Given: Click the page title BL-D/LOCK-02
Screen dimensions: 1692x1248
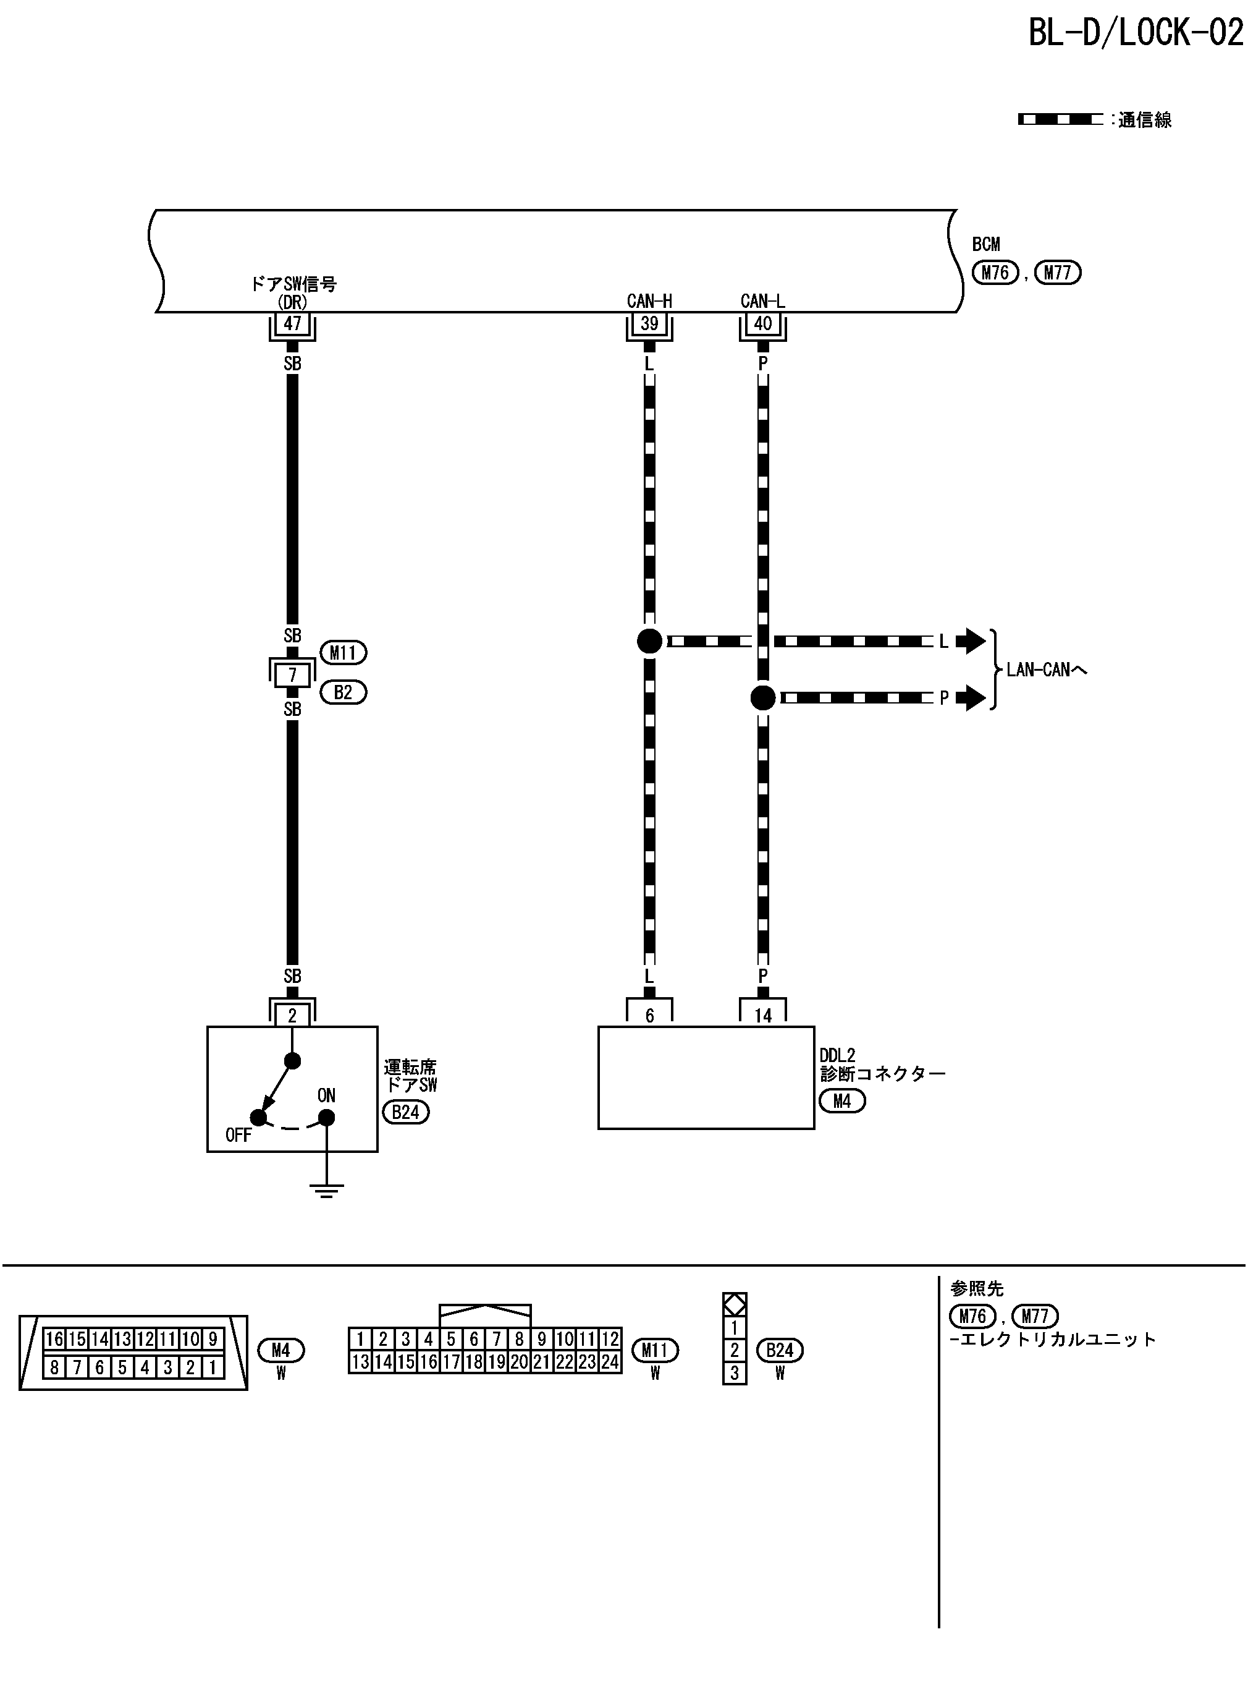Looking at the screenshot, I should (1135, 33).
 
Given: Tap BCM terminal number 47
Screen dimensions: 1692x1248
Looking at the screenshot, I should (292, 324).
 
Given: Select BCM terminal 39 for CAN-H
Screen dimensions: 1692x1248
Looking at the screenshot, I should (649, 324).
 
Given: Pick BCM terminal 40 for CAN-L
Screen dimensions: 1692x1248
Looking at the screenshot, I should (763, 324).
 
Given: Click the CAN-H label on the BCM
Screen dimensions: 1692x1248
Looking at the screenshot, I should (649, 301).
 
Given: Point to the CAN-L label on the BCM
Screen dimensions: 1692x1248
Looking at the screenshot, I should (763, 301).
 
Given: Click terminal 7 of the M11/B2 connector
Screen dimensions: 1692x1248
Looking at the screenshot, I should (292, 675).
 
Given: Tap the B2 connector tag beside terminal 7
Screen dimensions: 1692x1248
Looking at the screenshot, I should (343, 692).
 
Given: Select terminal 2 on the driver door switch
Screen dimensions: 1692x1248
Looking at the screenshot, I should (292, 1016).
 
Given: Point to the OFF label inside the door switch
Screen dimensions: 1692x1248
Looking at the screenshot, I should (238, 1135).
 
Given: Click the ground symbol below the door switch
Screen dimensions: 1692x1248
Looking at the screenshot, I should (326, 1190).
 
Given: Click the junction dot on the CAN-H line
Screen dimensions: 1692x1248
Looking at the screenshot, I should (649, 641).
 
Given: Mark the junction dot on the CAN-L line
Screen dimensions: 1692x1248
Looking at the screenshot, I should (763, 697).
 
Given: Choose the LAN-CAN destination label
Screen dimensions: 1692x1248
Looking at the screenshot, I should (1047, 670).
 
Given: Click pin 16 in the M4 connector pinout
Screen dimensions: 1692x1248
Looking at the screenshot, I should (54, 1340).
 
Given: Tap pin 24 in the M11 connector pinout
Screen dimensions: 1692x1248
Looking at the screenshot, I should (610, 1363).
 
